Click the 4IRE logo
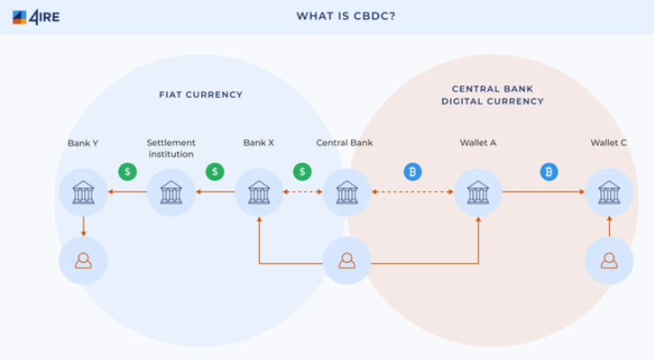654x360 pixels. pyautogui.click(x=36, y=17)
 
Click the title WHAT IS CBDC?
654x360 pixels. pyautogui.click(x=346, y=16)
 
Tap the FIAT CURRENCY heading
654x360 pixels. pyautogui.click(x=200, y=94)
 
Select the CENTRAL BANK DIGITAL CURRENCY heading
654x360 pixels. pyautogui.click(x=492, y=95)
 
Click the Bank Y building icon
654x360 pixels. pyautogui.click(x=84, y=192)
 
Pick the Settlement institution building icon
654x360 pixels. pyautogui.click(x=171, y=192)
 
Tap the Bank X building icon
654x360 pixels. pyautogui.click(x=259, y=192)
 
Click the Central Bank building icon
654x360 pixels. pyautogui.click(x=347, y=192)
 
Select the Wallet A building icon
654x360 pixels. pyautogui.click(x=478, y=192)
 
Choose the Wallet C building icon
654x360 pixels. pyautogui.click(x=609, y=192)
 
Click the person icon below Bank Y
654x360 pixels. pyautogui.click(x=84, y=260)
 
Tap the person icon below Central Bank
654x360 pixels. pyautogui.click(x=347, y=260)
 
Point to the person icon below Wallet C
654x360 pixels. pyautogui.click(x=609, y=260)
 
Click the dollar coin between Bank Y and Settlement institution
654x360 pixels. pyautogui.click(x=128, y=171)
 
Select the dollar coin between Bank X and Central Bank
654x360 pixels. pyautogui.click(x=303, y=171)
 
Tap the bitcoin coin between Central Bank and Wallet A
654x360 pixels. pyautogui.click(x=412, y=171)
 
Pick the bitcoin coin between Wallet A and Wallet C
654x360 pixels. pyautogui.click(x=549, y=171)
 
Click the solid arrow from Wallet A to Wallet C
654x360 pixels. pyautogui.click(x=544, y=191)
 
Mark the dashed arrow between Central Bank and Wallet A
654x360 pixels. pyautogui.click(x=412, y=191)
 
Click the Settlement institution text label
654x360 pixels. pyautogui.click(x=171, y=148)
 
